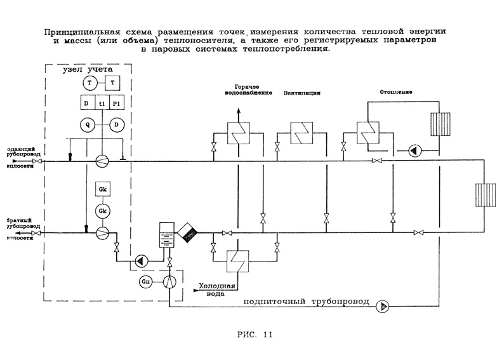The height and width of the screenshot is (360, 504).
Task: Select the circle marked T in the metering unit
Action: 90,84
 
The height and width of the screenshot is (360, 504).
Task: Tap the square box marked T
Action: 112,84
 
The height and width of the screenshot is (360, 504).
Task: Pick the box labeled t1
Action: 102,103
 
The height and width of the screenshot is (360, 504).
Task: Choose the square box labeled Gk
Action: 102,189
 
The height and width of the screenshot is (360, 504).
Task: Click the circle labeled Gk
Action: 102,210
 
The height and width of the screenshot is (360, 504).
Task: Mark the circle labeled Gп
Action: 145,280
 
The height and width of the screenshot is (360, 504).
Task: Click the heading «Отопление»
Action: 396,92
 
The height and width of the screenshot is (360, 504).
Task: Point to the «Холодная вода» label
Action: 218,290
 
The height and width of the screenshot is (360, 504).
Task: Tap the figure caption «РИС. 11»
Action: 255,336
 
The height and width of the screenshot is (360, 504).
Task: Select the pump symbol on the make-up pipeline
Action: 382,307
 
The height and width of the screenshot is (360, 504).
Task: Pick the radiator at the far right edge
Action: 486,195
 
